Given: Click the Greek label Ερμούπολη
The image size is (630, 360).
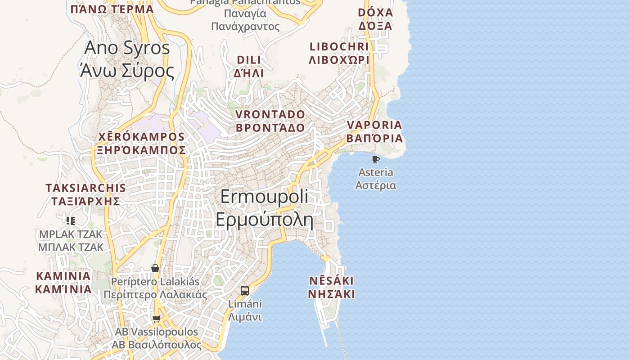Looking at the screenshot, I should (264, 219).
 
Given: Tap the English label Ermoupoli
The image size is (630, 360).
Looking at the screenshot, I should (264, 197).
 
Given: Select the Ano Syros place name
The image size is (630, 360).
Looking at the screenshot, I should (127, 48).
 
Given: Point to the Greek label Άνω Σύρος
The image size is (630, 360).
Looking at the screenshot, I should (127, 71).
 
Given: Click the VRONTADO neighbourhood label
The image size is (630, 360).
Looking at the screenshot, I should (270, 114).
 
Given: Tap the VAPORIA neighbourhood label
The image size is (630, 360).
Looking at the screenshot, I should (374, 125).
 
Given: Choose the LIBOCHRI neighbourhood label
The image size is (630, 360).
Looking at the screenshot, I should (339, 46).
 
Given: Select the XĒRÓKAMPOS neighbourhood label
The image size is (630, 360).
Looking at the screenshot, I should (141, 137).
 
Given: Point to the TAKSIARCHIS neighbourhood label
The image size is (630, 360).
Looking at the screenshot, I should (85, 188).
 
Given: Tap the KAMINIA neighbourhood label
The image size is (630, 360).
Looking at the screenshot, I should (63, 275).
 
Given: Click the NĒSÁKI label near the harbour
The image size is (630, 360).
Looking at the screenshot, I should (331, 281).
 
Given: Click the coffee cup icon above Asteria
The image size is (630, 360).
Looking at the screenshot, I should (376, 159).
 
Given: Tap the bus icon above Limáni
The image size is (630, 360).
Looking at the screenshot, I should (245, 291).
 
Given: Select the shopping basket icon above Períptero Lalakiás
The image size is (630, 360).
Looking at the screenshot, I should (155, 269).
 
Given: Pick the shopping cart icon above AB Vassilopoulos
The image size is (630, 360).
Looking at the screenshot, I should (156, 319).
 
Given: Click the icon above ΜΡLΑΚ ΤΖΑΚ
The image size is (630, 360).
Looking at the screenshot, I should (71, 220).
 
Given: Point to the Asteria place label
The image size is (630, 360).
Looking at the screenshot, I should (376, 172).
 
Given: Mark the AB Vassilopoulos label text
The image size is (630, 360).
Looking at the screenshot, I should (156, 332).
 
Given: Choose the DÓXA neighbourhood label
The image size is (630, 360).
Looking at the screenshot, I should (375, 12).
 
